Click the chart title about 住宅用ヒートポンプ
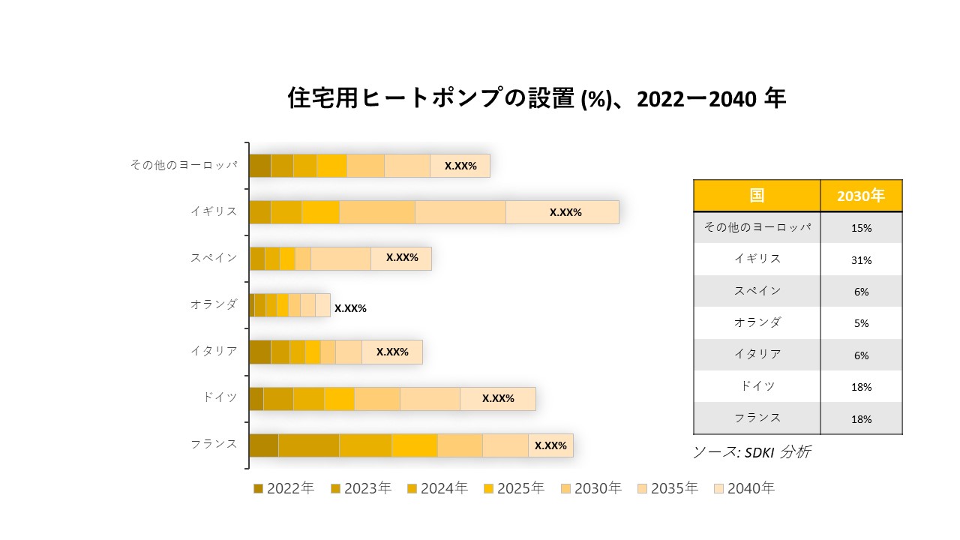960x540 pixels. pos(536,99)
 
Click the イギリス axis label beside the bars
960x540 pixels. pos(214,211)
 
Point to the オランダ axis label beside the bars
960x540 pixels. pos(214,304)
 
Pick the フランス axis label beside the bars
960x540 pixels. pos(214,444)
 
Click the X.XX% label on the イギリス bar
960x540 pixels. pos(565,212)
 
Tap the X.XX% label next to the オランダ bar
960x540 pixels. pos(350,308)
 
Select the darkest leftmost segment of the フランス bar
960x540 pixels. pos(263,445)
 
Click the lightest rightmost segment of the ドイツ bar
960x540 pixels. pos(498,398)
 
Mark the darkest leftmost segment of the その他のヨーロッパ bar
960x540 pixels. pos(259,166)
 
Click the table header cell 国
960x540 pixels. pos(757,196)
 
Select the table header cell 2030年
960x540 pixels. pos(861,196)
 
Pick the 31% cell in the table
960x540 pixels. pos(861,259)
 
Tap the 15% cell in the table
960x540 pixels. pos(861,228)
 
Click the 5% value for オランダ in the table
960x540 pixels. pos(861,323)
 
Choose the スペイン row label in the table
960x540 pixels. pos(757,291)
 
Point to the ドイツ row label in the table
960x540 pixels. pos(757,386)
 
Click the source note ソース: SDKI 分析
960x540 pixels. pos(751,452)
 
